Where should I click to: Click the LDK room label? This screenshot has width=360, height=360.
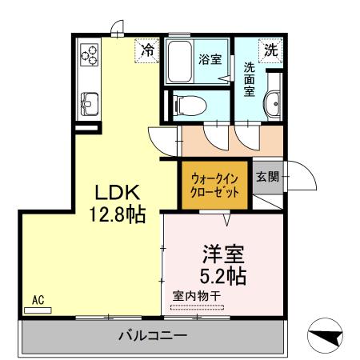pos(118,194)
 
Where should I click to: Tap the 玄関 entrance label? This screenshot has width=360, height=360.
pos(268,177)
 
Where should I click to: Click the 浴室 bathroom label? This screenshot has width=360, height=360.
pos(209,58)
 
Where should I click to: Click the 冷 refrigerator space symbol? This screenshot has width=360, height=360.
pos(146,50)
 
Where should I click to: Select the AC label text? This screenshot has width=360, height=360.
pos(37,301)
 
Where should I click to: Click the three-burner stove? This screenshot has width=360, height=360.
pos(88,56)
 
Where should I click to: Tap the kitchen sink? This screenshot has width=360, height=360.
pos(88,102)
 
